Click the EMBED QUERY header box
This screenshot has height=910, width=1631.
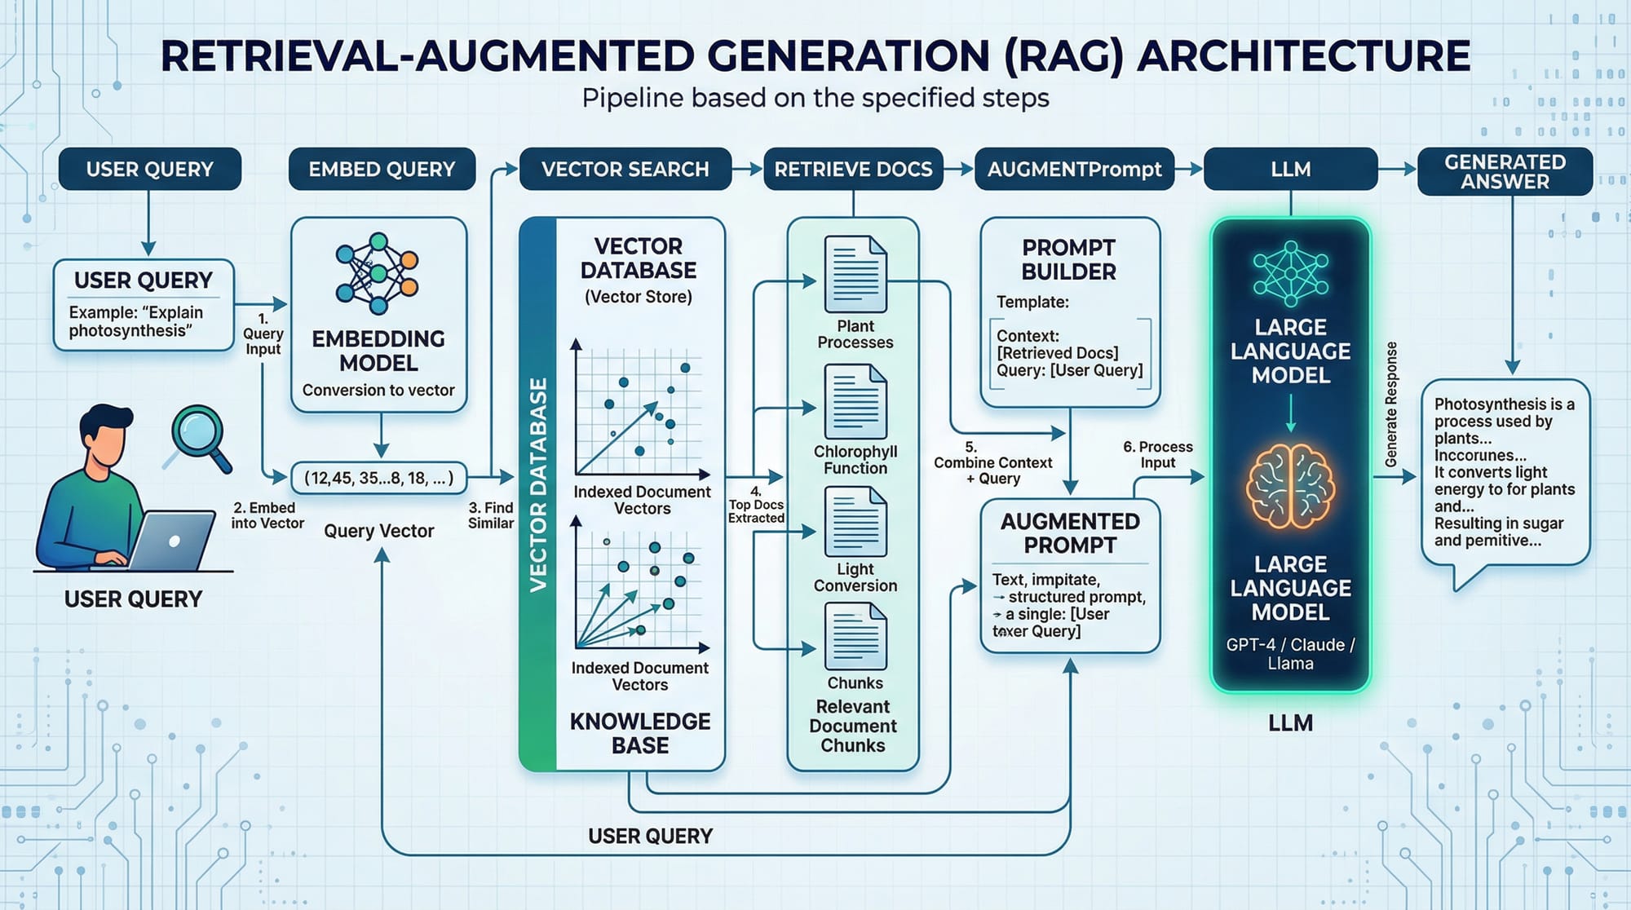click(x=382, y=169)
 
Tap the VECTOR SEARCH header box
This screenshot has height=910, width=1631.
click(x=625, y=169)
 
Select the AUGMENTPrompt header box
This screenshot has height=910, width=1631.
click(x=1074, y=169)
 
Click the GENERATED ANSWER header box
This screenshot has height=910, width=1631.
click(x=1505, y=171)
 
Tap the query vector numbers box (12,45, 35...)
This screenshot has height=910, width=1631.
click(x=378, y=478)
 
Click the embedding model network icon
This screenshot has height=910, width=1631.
click(x=377, y=273)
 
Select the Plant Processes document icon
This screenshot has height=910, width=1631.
click(x=855, y=273)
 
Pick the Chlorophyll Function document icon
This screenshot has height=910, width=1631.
click(x=855, y=401)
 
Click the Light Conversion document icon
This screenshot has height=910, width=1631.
click(x=855, y=522)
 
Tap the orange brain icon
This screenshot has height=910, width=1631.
click(x=1290, y=486)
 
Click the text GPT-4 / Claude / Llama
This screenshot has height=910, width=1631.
click(x=1290, y=653)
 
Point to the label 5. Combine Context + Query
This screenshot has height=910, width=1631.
click(x=992, y=462)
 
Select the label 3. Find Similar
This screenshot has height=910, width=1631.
click(x=491, y=515)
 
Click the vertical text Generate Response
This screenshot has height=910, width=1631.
click(x=1391, y=404)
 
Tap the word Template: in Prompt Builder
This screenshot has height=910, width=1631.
click(x=1032, y=302)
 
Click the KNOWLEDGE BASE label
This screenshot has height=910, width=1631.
click(x=640, y=732)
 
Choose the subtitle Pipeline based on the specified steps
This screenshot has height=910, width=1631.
click(x=815, y=98)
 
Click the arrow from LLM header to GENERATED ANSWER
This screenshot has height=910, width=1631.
click(x=1398, y=169)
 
